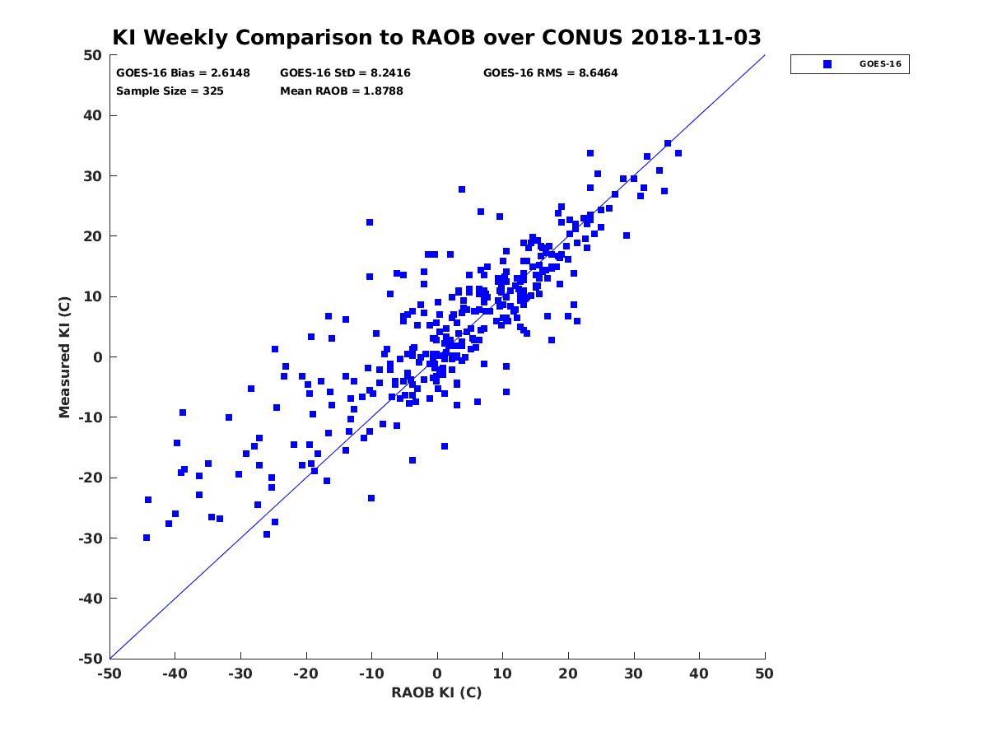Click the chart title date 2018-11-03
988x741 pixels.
coord(696,37)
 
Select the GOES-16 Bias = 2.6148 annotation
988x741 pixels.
coord(183,73)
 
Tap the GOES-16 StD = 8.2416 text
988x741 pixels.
coord(345,73)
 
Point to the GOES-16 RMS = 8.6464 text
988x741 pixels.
coord(550,73)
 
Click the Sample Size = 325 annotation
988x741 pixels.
coord(170,91)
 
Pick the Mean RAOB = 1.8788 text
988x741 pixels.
coord(341,91)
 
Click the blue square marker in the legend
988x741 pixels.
coord(827,64)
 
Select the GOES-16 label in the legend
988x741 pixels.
coord(880,64)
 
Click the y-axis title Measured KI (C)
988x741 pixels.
coord(64,357)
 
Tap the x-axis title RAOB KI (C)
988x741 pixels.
coord(436,692)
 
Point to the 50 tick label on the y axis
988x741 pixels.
coord(93,55)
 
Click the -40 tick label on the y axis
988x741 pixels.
coord(91,599)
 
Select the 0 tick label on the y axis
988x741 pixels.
coord(98,357)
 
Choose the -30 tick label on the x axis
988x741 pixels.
coord(240,673)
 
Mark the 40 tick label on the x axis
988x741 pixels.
coord(699,673)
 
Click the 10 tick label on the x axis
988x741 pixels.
coord(502,673)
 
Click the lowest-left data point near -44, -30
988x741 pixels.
coord(147,538)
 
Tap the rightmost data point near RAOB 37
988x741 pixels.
coord(678,153)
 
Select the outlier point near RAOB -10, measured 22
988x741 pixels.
coord(370,222)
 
